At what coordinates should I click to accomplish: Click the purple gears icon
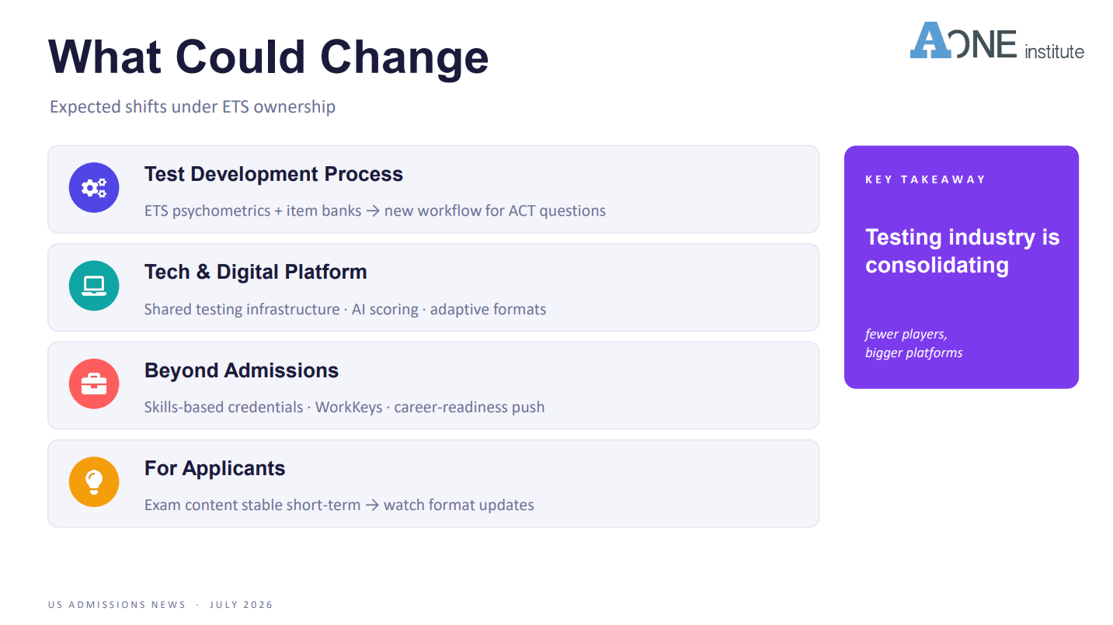(x=94, y=188)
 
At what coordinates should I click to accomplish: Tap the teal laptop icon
(x=94, y=286)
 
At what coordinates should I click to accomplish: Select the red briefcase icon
(x=94, y=384)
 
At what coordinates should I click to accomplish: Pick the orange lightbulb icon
(x=94, y=482)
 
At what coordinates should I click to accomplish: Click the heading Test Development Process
(x=273, y=175)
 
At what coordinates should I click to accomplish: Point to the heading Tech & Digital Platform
(x=256, y=273)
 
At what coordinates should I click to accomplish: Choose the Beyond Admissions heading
(x=242, y=370)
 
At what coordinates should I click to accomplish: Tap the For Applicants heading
(x=214, y=468)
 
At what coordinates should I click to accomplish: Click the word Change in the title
(x=405, y=59)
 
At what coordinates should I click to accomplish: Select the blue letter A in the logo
(x=930, y=40)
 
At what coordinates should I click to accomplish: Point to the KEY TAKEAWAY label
(x=925, y=180)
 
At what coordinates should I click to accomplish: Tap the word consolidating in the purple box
(x=937, y=266)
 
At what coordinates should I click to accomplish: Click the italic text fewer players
(x=906, y=334)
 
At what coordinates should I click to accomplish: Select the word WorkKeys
(x=349, y=408)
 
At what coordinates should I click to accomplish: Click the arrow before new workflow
(x=373, y=211)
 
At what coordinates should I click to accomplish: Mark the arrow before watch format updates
(x=372, y=505)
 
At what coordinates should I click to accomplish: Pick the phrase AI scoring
(x=385, y=310)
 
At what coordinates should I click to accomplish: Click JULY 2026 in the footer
(x=242, y=605)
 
